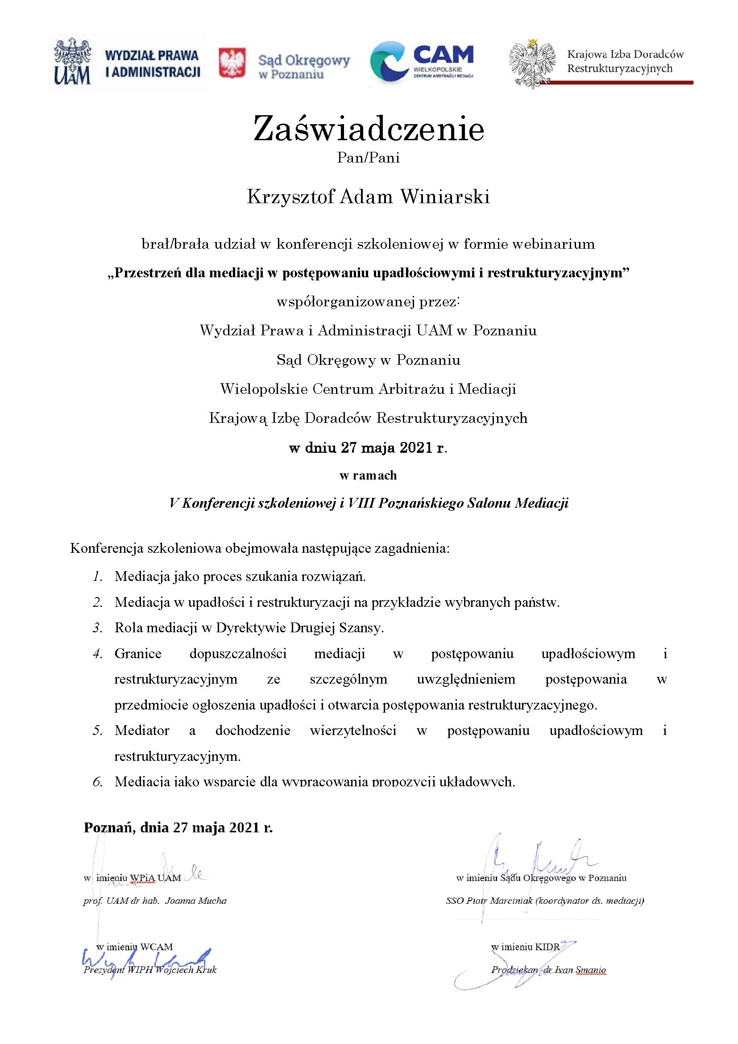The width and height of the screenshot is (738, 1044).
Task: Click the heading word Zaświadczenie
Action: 369,129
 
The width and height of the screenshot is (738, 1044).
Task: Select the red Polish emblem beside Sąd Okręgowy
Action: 232,63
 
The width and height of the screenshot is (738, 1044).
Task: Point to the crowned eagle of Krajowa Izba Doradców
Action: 533,63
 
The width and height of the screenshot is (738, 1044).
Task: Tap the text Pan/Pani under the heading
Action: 369,158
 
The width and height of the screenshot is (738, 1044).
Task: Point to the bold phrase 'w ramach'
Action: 368,476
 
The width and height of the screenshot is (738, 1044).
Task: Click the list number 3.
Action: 97,628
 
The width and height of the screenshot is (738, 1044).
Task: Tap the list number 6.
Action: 97,782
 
